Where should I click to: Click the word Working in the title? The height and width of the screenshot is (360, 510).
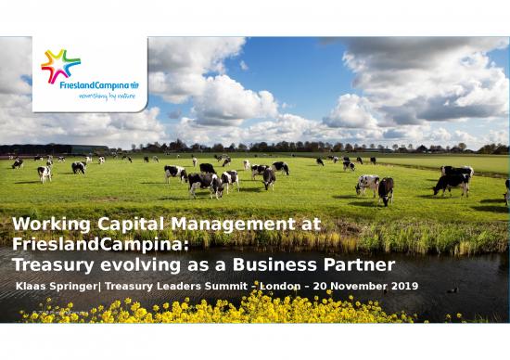click(47, 224)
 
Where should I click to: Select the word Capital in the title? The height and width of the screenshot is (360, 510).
click(126, 224)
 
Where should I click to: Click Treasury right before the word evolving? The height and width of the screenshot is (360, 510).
click(55, 264)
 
